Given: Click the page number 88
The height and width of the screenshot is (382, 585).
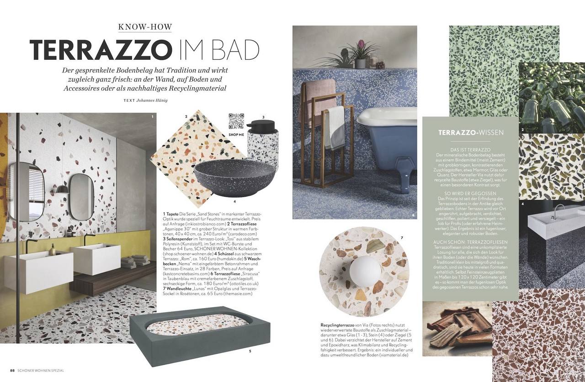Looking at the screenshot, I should pyautogui.click(x=13, y=370).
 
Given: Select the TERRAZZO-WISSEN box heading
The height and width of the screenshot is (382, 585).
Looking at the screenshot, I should pyautogui.click(x=471, y=133).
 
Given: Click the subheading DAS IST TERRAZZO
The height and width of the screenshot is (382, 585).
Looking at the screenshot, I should pyautogui.click(x=470, y=150).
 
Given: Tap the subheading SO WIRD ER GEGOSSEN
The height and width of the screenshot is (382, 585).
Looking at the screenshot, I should pyautogui.click(x=470, y=194).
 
